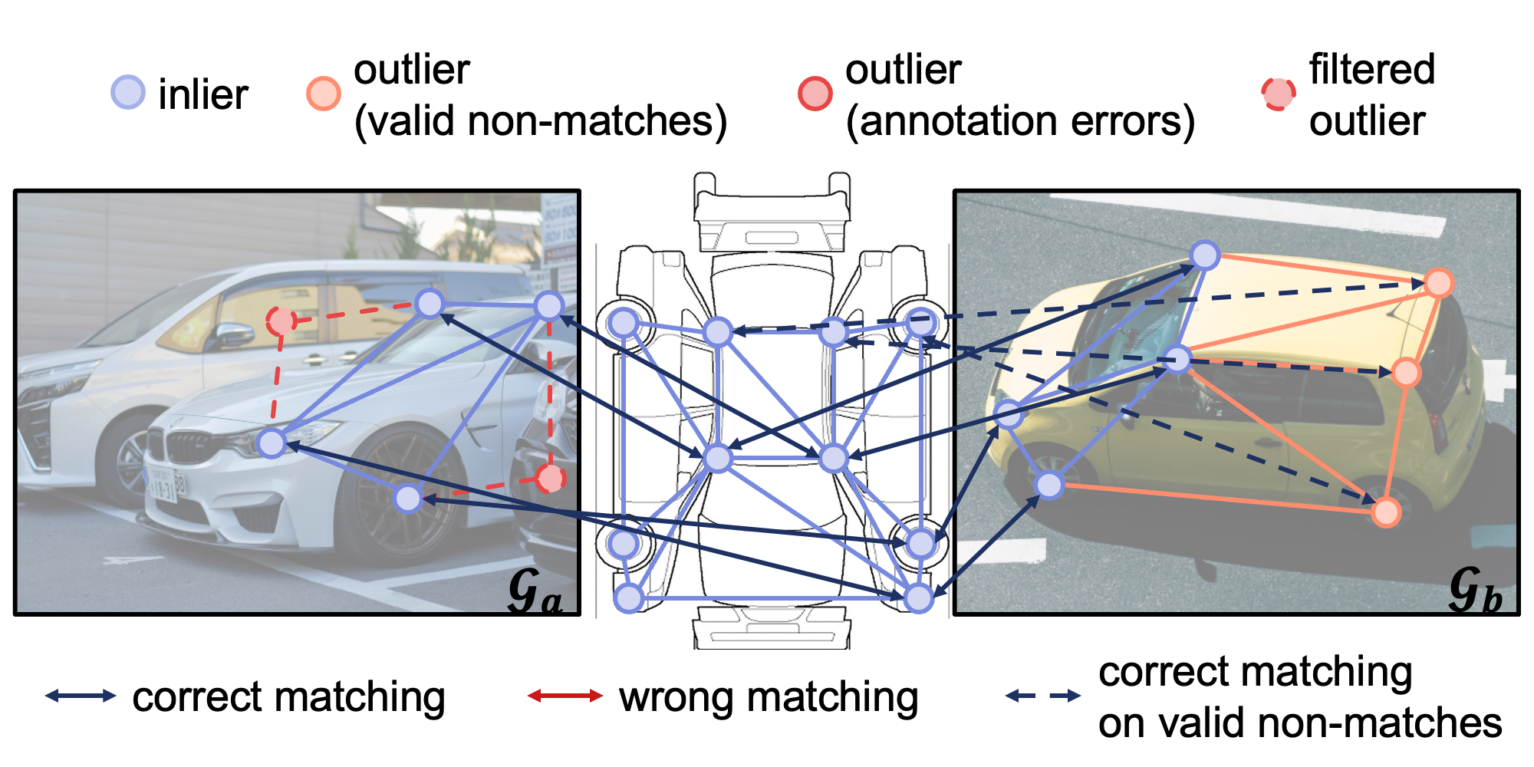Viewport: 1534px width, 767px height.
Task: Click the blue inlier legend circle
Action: coord(127,92)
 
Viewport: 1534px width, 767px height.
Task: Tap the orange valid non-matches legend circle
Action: coord(323,94)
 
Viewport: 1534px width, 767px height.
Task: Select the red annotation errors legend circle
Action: coord(815,94)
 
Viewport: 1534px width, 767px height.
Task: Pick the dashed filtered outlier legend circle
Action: coord(1278,94)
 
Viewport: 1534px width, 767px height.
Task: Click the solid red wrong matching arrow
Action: coord(565,696)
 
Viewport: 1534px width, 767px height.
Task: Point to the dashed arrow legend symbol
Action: coord(1043,696)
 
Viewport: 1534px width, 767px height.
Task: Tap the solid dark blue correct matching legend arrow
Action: coord(81,696)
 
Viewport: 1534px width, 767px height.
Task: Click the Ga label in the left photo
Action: coord(535,591)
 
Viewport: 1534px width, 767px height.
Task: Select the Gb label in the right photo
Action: coord(1474,591)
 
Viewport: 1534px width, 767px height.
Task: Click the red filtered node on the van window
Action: coord(281,320)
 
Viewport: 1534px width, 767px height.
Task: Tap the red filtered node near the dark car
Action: coord(549,479)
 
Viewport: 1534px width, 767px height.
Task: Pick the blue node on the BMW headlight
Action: coord(272,443)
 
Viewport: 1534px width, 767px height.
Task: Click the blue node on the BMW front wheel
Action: coord(408,499)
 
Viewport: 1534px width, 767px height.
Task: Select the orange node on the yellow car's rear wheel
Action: coord(1386,512)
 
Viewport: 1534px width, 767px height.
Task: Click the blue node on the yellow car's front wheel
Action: coord(1048,485)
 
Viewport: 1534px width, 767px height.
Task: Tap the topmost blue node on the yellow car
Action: coord(1205,255)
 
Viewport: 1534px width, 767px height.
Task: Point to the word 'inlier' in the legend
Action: coord(202,94)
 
